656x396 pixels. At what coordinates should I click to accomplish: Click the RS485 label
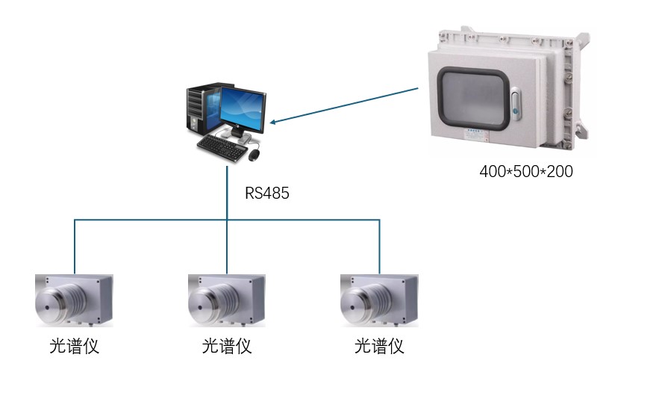(266, 194)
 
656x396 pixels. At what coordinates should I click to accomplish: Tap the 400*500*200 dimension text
(525, 171)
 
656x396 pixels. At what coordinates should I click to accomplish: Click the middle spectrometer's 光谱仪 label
(227, 347)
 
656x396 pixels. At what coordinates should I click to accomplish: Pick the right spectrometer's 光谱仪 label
(379, 347)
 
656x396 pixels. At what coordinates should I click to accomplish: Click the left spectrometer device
(74, 300)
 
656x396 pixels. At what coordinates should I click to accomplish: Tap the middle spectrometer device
(226, 300)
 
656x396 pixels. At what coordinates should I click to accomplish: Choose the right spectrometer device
(378, 300)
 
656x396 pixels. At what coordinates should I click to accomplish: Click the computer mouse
(254, 155)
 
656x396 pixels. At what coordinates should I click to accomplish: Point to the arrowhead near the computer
(274, 121)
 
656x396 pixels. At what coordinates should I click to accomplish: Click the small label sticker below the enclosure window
(472, 135)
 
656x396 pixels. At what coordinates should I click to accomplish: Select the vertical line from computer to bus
(227, 193)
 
